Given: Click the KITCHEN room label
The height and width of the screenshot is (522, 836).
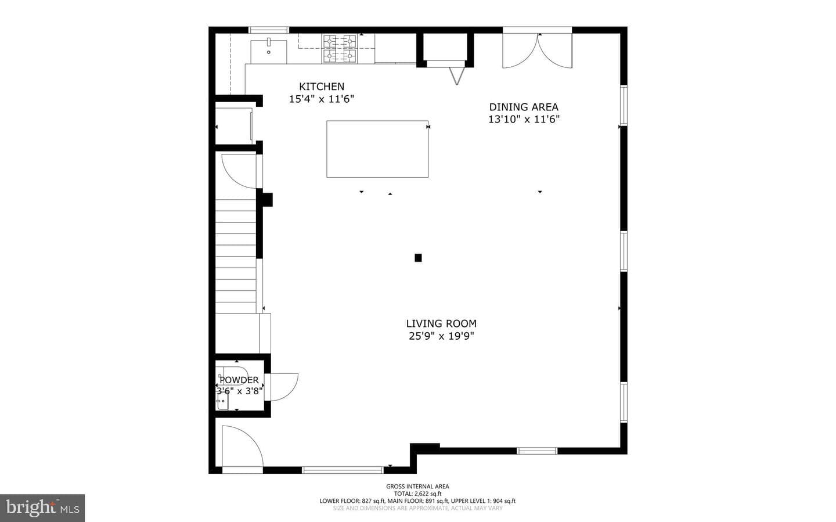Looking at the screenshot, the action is [322, 87].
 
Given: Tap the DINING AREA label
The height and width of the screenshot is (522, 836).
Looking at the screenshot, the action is [524, 107].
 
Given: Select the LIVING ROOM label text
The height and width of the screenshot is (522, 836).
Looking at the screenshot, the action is [441, 323].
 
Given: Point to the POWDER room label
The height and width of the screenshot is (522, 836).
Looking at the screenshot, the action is [239, 380].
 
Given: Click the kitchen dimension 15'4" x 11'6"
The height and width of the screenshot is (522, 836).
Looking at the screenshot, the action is [322, 99].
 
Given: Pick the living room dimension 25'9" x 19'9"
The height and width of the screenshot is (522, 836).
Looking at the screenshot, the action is [441, 336].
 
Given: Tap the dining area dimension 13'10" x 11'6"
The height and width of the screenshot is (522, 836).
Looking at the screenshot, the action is [524, 120].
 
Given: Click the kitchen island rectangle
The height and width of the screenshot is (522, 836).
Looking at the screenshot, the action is [377, 149].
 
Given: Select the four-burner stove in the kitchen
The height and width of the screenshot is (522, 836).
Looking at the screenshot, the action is [340, 49].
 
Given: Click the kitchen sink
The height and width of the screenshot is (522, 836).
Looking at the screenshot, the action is [269, 52].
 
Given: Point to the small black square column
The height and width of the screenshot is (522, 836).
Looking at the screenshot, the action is [418, 258].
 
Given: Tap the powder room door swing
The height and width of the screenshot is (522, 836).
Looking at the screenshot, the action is [284, 387].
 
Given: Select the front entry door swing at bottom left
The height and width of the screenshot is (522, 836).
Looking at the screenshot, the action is [243, 446].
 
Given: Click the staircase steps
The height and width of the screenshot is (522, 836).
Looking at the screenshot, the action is [236, 256].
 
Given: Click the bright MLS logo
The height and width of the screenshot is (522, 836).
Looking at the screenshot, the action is [42, 508].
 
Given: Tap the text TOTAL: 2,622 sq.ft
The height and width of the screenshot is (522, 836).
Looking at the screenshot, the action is [417, 494].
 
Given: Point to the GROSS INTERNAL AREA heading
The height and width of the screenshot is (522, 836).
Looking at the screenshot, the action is [417, 487].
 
